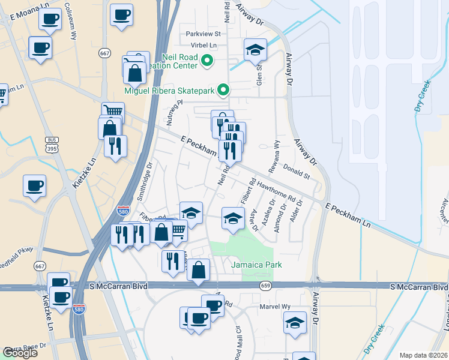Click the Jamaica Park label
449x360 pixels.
(x=256, y=265)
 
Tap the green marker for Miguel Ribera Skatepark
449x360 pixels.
(x=224, y=91)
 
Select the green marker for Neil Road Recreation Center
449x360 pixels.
(x=208, y=60)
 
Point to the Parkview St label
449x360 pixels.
(x=203, y=34)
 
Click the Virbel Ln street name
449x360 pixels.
(x=201, y=45)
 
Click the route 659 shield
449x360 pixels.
(x=266, y=286)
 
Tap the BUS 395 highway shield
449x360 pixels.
(x=51, y=144)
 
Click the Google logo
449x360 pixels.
(x=19, y=353)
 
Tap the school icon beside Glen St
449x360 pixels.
(x=255, y=50)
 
